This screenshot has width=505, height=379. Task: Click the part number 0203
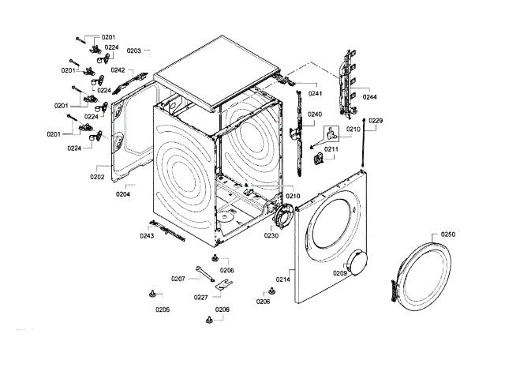(x=133, y=51)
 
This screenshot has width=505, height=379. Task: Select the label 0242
(x=118, y=70)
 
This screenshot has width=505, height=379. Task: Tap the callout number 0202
(x=97, y=177)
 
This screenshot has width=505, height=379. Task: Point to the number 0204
(x=123, y=193)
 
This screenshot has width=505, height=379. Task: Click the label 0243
(x=147, y=235)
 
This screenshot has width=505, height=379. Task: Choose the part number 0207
(x=178, y=278)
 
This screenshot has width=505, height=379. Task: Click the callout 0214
(x=283, y=280)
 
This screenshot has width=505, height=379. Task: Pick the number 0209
(x=339, y=272)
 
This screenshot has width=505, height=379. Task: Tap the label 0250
(x=448, y=235)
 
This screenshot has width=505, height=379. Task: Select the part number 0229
(x=376, y=121)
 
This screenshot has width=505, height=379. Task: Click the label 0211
(x=331, y=149)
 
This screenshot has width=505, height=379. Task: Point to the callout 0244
(x=369, y=97)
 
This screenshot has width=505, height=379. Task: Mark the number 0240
(x=315, y=114)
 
